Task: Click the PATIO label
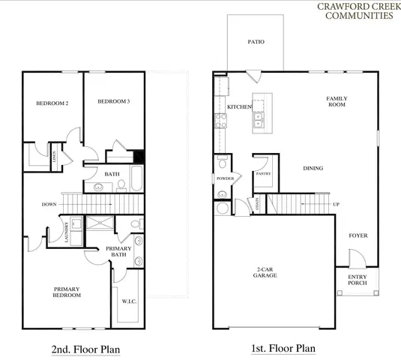coord(256,43)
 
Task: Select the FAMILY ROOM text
coord(337,101)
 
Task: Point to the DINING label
coord(313,168)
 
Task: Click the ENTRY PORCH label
coord(358,280)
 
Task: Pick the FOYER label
coord(358,235)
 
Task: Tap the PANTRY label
coord(263,173)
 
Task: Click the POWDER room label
coord(225,179)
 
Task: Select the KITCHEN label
coord(239,107)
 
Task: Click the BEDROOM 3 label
coord(114,101)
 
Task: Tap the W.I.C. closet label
coord(128,303)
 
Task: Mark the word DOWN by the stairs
coord(50,203)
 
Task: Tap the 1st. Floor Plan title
coord(283,349)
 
